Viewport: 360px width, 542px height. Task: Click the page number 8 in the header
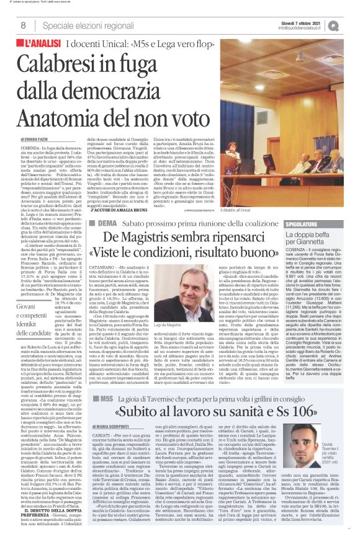[x=22, y=25]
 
